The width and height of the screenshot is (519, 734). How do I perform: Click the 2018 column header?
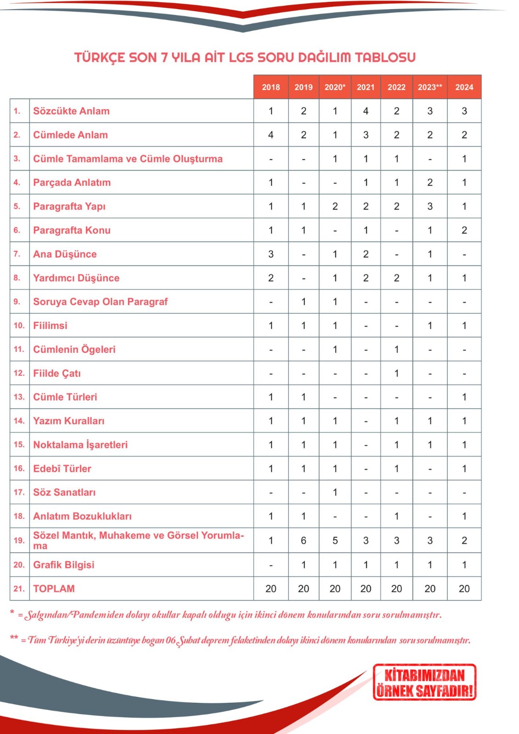271,87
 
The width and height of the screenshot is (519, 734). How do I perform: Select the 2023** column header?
430,87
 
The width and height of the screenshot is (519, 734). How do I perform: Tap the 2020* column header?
335,87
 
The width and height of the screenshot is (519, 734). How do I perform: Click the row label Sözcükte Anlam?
71,111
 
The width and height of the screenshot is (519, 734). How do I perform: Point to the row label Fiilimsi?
50,326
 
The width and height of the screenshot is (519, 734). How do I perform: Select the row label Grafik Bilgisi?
63,565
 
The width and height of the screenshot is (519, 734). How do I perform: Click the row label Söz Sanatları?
64,492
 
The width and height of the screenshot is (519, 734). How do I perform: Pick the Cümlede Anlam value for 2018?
271,135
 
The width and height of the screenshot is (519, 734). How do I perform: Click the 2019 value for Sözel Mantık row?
303,540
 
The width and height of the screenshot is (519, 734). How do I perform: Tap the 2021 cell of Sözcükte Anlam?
366,111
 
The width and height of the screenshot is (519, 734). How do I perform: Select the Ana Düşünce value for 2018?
271,254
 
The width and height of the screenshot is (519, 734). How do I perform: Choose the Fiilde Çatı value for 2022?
396,373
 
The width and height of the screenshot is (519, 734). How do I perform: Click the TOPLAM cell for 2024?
464,589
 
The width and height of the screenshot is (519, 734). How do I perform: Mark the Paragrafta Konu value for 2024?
464,230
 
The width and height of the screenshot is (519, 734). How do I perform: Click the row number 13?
19,397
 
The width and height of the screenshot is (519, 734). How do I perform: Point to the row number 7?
17,254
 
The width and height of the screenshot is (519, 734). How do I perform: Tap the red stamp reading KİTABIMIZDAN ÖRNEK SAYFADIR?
424,682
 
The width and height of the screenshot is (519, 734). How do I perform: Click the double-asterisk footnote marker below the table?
14,638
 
